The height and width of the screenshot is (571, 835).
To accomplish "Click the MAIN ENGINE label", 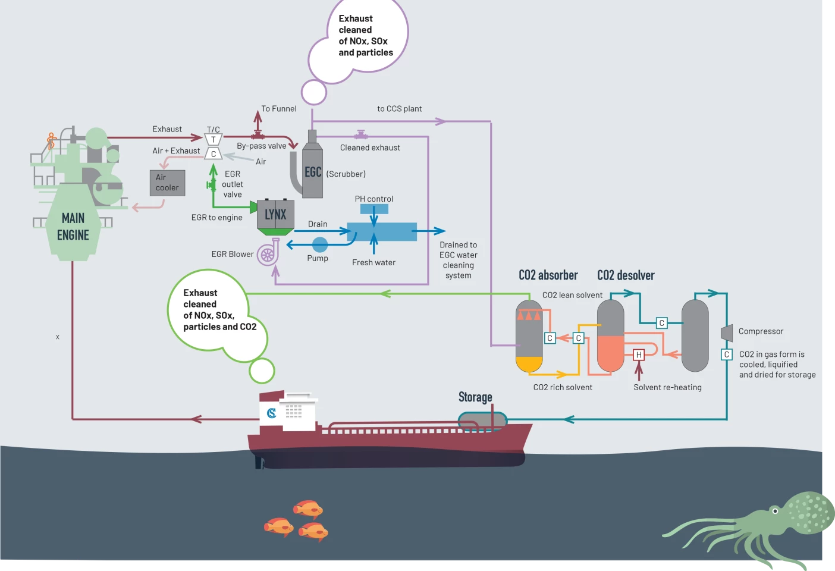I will click(73, 227).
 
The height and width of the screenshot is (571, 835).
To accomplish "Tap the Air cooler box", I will click(167, 183).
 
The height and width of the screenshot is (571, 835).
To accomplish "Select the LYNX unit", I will click(275, 215).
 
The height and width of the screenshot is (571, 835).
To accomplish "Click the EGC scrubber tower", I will click(313, 172).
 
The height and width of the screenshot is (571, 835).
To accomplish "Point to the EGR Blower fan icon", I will click(268, 254).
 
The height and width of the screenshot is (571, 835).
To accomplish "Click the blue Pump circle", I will click(320, 244).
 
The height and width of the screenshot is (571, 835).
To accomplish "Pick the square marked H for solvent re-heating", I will click(639, 355).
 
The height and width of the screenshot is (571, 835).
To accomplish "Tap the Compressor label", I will click(761, 331).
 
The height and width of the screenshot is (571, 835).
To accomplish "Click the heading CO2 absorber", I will click(548, 275).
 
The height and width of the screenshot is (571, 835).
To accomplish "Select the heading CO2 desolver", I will click(626, 275).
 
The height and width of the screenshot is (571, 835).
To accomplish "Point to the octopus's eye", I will click(775, 511).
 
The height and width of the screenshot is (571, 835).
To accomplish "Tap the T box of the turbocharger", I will click(214, 140).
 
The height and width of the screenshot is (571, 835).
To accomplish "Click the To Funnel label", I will click(279, 109).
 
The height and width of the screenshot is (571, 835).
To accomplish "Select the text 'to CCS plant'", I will click(400, 109).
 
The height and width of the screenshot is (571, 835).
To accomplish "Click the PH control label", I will click(374, 199).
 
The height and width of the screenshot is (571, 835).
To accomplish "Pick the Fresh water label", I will click(373, 262).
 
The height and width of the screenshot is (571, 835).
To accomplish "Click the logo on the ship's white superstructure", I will click(272, 413).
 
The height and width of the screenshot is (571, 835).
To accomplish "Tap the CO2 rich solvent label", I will click(563, 387).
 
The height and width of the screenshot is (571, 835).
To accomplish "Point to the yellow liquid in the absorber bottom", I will click(529, 363).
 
